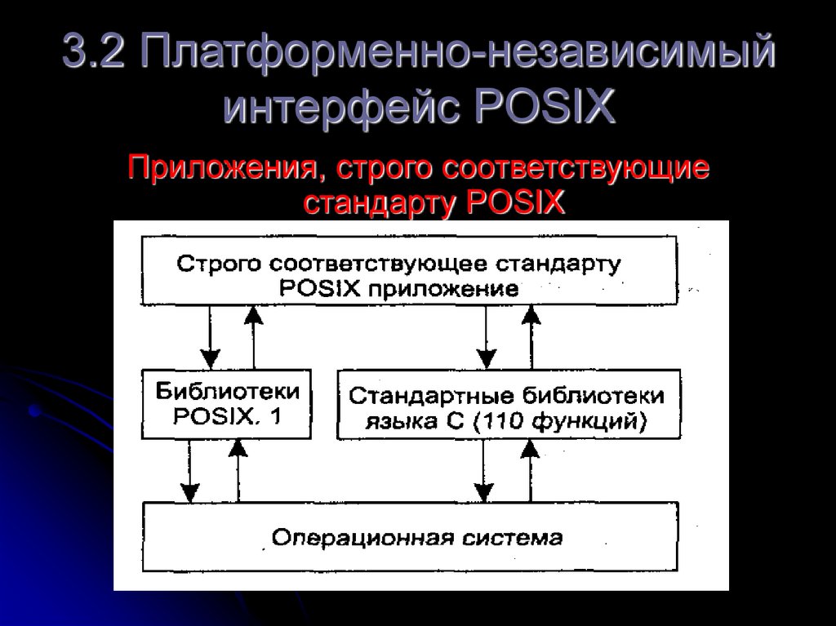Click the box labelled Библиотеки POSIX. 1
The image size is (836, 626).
click(227, 404)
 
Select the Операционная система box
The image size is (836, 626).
click(410, 537)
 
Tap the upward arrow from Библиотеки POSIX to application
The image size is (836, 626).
click(254, 336)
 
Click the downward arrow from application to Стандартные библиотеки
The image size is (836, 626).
click(487, 336)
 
